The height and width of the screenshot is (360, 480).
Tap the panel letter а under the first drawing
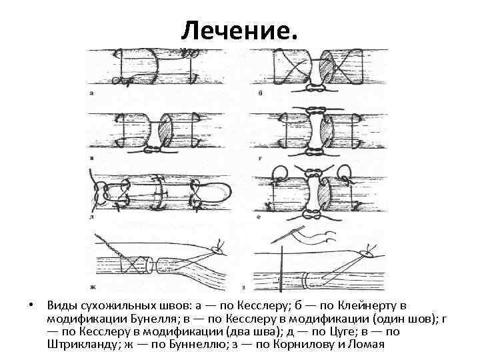tap(91, 93)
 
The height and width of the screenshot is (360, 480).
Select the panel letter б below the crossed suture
tap(261, 93)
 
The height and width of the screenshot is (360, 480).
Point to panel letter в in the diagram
tap(91, 158)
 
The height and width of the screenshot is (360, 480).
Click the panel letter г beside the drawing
tap(261, 158)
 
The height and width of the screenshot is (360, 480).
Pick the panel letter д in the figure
tap(91, 218)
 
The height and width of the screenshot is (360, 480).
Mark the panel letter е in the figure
tap(261, 218)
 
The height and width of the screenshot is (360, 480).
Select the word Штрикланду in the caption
tap(79, 344)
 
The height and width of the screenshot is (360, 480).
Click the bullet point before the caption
tap(31, 306)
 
